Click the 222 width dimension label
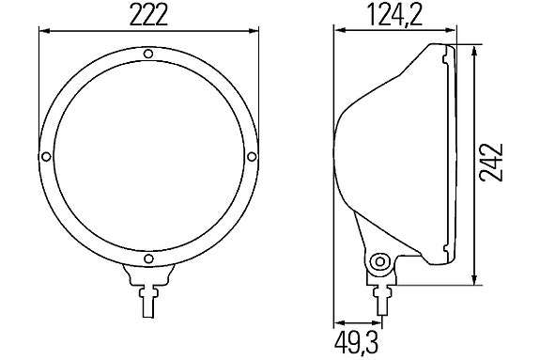pos(148,16)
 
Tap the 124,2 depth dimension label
pos(395,16)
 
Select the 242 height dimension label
pos(492,162)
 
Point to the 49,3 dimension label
pos(357,343)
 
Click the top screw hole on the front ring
pos(148,54)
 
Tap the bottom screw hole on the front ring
pos(148,258)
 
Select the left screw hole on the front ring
pos(46,157)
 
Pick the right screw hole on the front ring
pos(252,157)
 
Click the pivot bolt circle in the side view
pos(380,261)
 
